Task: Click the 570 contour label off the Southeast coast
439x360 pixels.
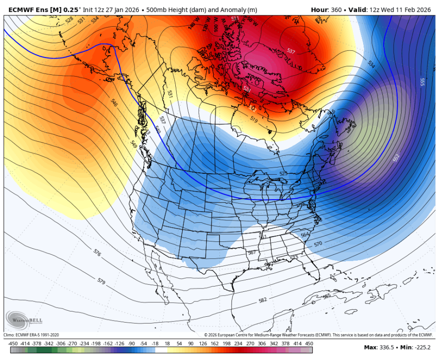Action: [x=318, y=244]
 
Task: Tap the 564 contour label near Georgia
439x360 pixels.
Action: [x=305, y=235]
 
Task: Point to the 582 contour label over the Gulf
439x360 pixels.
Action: [x=263, y=300]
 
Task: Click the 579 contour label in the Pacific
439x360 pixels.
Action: [x=101, y=280]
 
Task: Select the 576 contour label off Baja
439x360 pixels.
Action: [x=98, y=252]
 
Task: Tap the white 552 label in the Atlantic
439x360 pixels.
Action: [x=396, y=157]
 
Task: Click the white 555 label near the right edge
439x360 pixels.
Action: [x=422, y=82]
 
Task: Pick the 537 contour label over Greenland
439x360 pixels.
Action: [x=291, y=50]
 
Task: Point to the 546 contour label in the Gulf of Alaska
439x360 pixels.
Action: [x=114, y=102]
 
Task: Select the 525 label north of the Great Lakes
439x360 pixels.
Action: [x=283, y=174]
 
